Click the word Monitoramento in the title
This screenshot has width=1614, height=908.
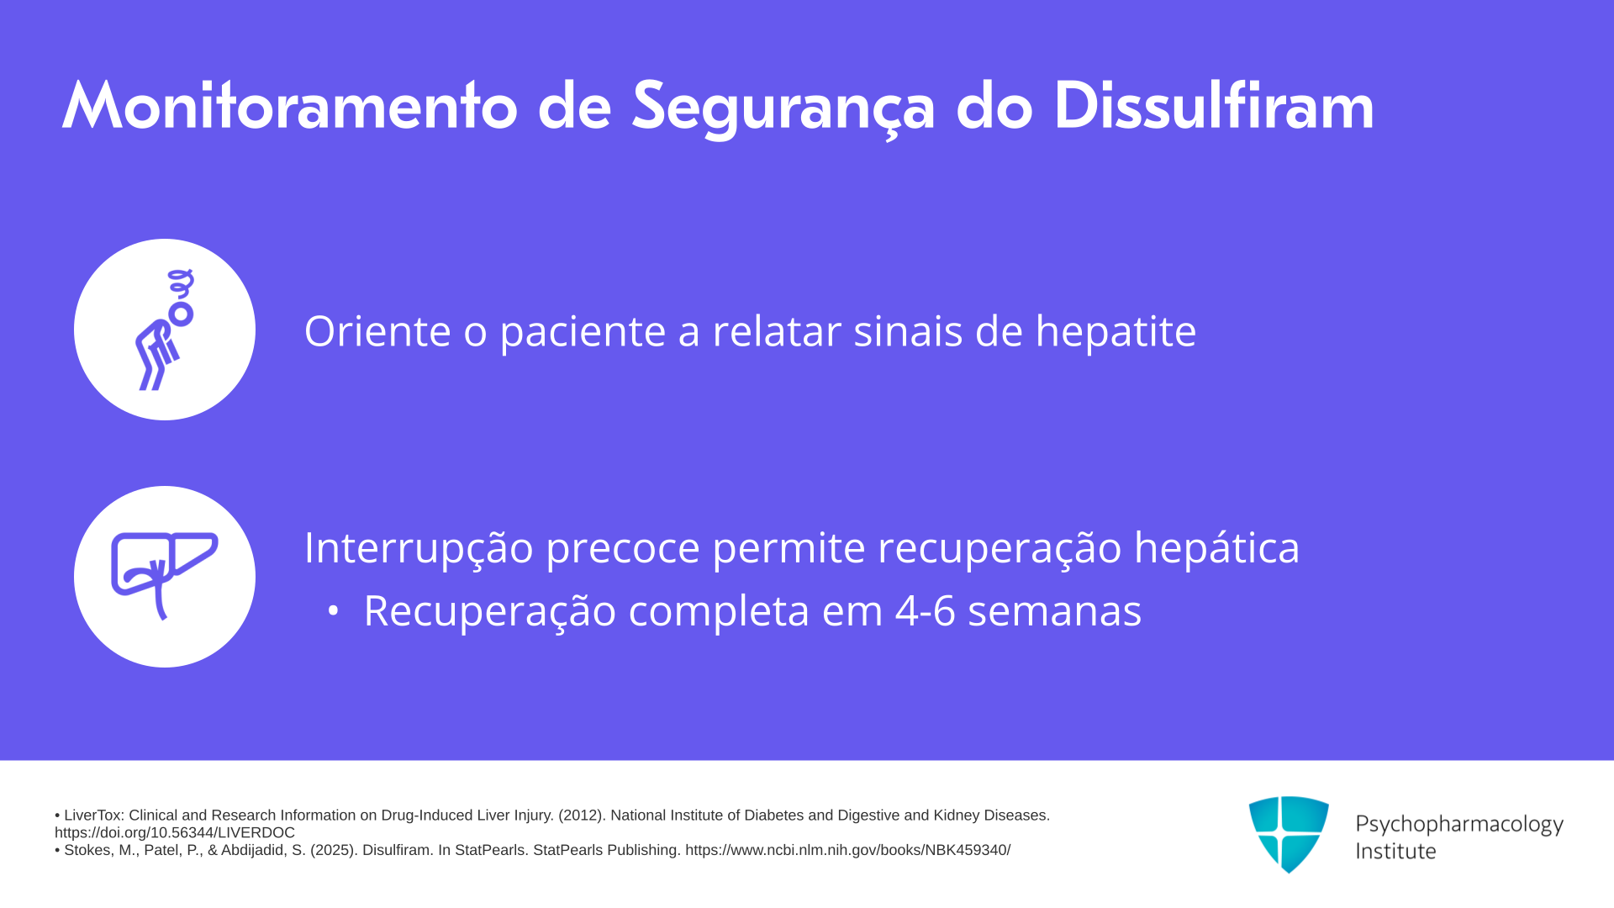tap(290, 106)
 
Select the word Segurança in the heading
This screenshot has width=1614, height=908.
tap(783, 109)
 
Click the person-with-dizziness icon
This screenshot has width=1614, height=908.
tap(165, 330)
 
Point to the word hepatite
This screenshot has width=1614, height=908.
tap(1116, 331)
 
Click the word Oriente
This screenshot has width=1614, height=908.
tap(377, 330)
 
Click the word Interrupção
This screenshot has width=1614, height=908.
tap(419, 548)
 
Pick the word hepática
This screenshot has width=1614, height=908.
tap(1216, 548)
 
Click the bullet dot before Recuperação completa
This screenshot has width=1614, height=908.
tap(333, 611)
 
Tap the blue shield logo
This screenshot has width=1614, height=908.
tap(1289, 834)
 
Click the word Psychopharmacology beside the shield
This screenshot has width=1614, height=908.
tap(1459, 825)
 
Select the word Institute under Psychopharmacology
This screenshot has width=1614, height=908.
tap(1395, 851)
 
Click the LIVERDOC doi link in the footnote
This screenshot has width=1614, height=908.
tap(175, 833)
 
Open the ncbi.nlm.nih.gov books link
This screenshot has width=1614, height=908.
tap(847, 850)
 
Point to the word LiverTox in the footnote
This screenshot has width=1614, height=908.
tap(92, 816)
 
